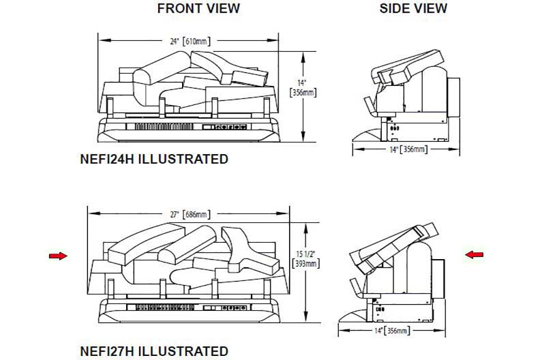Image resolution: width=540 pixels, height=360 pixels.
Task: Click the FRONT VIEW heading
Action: [x=198, y=8]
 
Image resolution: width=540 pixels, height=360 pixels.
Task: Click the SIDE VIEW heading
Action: [x=413, y=8]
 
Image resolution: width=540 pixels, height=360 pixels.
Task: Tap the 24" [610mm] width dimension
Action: [x=190, y=42]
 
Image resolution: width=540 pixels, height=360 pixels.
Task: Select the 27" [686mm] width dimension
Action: [x=190, y=214]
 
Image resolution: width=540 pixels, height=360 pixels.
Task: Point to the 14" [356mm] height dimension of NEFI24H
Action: [x=303, y=88]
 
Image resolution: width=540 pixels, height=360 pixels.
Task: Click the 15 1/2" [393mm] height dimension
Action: [x=306, y=259]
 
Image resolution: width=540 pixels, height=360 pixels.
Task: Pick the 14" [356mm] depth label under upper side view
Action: [x=409, y=149]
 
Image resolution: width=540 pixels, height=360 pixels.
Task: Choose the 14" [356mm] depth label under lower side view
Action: [x=392, y=331]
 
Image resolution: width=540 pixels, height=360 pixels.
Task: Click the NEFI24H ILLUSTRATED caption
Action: [x=154, y=159]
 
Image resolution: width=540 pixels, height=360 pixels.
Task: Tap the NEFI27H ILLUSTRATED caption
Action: [x=154, y=351]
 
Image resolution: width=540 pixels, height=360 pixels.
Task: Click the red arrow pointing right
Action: [x=58, y=256]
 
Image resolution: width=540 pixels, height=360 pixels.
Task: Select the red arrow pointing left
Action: [x=475, y=254]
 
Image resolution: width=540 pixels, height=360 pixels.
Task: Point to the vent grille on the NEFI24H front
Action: [x=164, y=127]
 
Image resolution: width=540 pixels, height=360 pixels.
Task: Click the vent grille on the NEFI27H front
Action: [x=165, y=307]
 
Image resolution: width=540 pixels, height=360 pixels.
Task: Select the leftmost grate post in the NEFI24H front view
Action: [x=110, y=107]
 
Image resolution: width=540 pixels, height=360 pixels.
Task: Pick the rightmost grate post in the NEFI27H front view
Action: [x=267, y=288]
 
